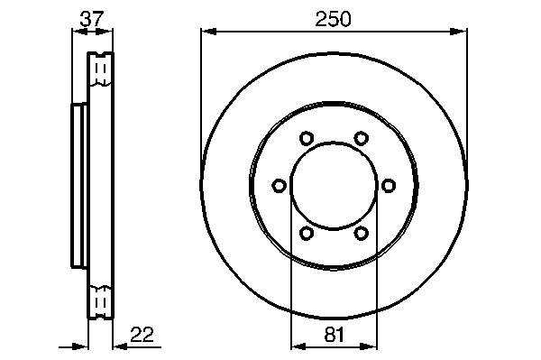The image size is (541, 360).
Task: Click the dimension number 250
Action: click(333, 19)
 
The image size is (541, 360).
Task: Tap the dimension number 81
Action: click(335, 335)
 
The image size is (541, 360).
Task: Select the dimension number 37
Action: click(92, 19)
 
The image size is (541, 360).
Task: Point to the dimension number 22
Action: click(142, 334)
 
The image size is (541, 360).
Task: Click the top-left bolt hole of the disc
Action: click(306, 138)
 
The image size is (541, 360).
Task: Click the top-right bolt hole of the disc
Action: click(361, 138)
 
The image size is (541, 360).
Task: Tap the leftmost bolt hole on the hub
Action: click(279, 186)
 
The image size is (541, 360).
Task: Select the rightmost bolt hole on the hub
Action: click(388, 186)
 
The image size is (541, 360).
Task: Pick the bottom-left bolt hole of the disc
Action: click(306, 233)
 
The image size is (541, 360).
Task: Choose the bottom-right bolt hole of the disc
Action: click(361, 233)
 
